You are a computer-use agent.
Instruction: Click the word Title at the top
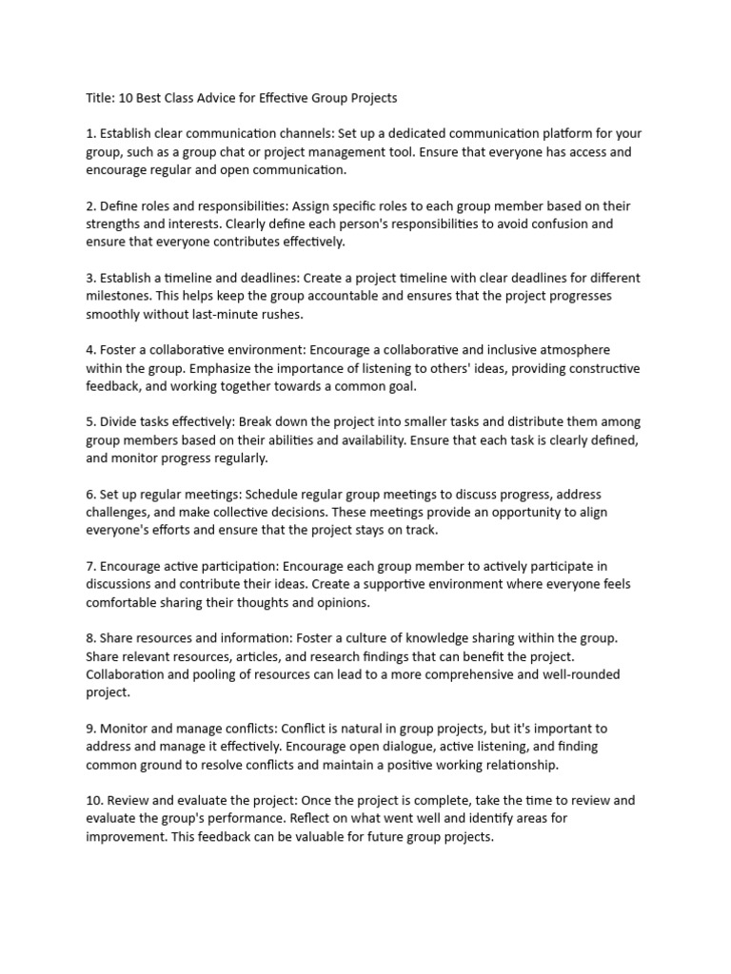pyautogui.click(x=100, y=98)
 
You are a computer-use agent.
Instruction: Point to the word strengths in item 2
pyautogui.click(x=116, y=224)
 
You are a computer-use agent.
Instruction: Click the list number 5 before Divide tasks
pyautogui.click(x=89, y=422)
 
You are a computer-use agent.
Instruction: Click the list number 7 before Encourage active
pyautogui.click(x=89, y=567)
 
